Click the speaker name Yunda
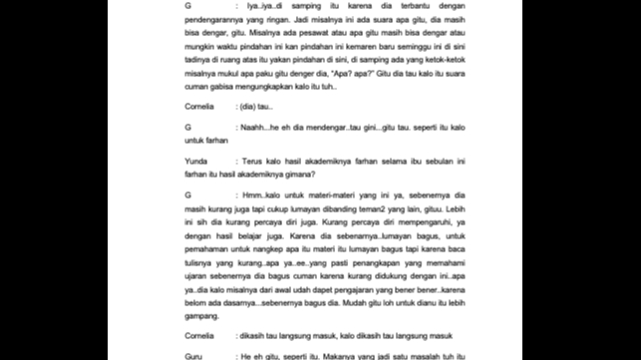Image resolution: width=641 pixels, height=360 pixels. [194, 158]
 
